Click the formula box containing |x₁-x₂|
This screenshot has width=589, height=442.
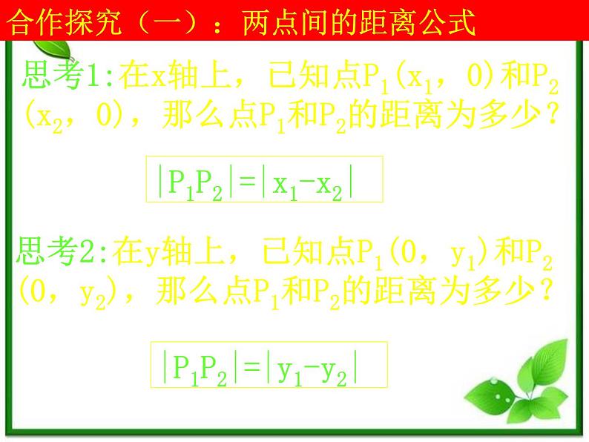[265, 179]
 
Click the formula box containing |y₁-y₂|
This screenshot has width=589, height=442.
[269, 364]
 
